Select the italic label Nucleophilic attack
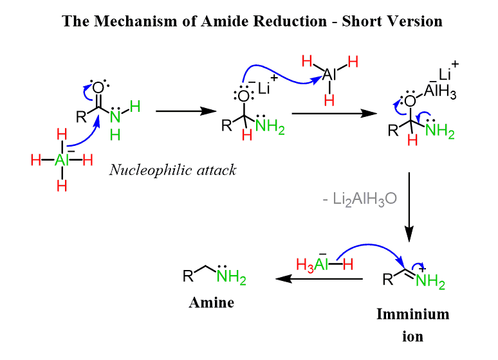(x=172, y=170)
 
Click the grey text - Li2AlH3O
(x=360, y=199)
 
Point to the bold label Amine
(x=211, y=302)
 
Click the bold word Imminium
(x=412, y=314)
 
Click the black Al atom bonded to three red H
(x=329, y=75)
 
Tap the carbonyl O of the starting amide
(x=98, y=88)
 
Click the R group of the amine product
(x=188, y=277)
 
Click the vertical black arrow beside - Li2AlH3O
(x=409, y=206)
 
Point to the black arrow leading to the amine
(x=318, y=279)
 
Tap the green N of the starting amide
(x=115, y=115)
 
